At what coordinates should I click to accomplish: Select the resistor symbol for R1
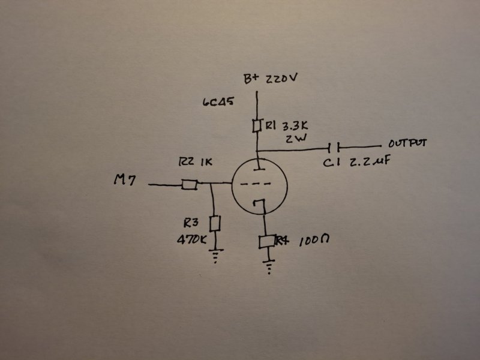256,125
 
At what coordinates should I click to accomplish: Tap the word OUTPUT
408,144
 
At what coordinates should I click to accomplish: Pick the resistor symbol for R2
189,185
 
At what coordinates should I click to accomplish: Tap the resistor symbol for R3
214,224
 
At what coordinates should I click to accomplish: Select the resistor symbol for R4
266,241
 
